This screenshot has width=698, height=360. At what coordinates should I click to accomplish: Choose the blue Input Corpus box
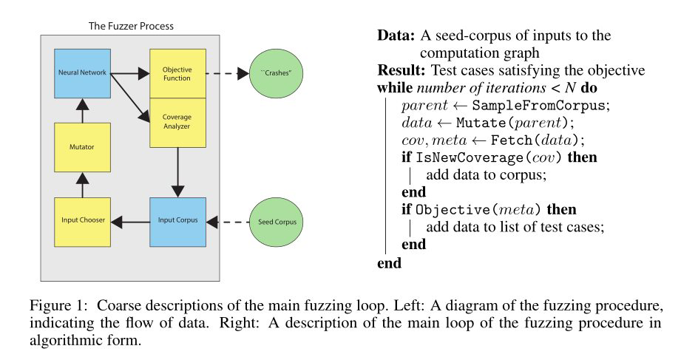coord(177,221)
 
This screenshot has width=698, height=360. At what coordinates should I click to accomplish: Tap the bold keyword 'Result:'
coord(398,71)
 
